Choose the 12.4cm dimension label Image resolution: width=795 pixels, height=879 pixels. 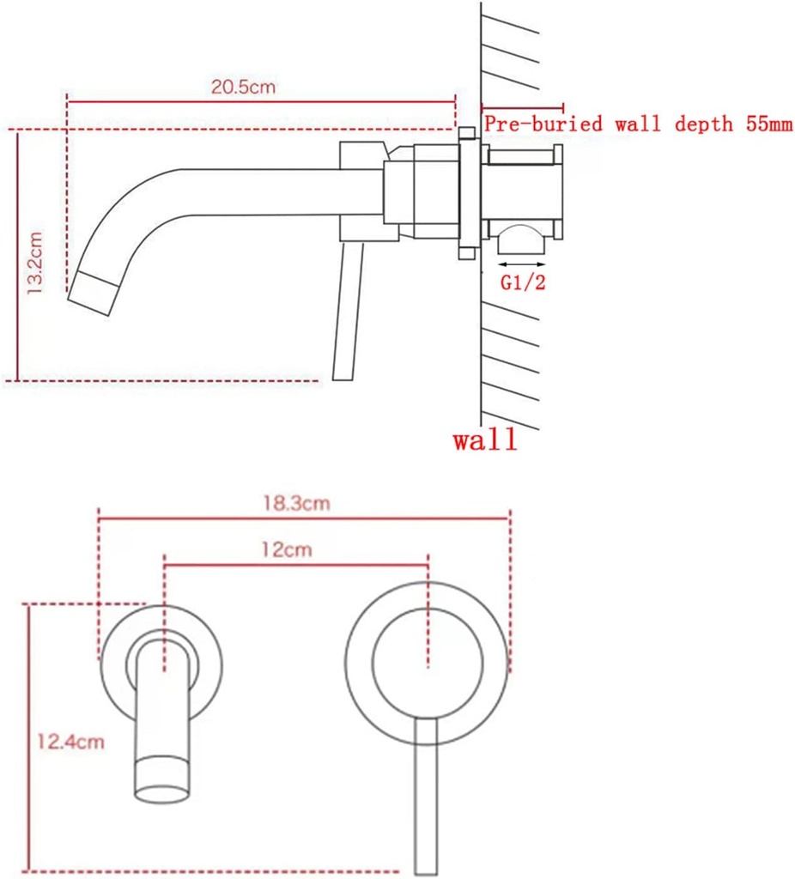point(70,741)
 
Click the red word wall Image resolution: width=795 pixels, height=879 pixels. point(485,441)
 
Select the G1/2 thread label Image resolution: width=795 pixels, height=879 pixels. point(523,284)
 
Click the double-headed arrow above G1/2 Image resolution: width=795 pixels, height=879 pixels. point(523,264)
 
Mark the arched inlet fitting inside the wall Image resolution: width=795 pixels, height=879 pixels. point(523,235)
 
